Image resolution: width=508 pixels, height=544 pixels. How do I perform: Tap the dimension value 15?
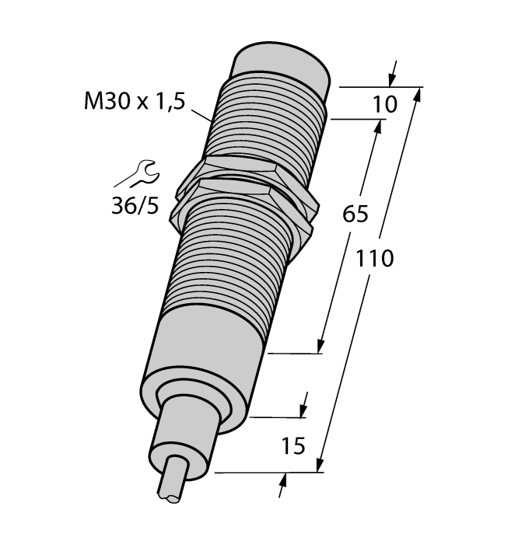289,447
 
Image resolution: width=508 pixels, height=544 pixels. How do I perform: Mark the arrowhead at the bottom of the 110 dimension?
319,466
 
